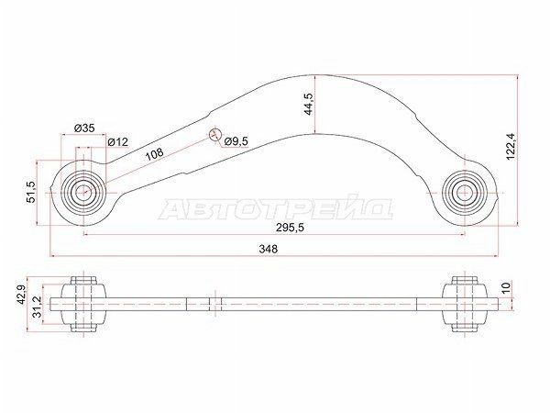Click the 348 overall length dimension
coord(267,249)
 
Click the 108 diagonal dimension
coord(155,154)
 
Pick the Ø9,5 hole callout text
coord(237,141)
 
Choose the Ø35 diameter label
coord(83,128)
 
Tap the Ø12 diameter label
coord(116,141)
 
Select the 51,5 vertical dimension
coord(30,191)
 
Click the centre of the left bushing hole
coord(82,193)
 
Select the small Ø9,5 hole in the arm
coord(216,134)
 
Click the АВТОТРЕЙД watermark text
coord(276,210)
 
